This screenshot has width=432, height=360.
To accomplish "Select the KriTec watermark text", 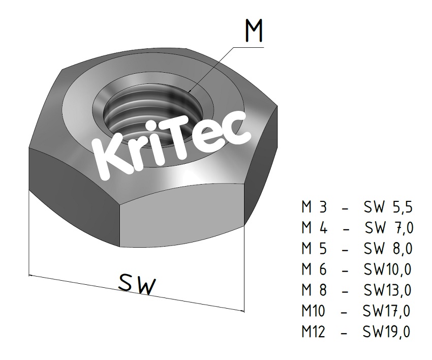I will (173, 145).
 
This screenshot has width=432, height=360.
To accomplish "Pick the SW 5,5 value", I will (388, 208).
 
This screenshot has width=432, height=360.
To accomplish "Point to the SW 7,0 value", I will (389, 228).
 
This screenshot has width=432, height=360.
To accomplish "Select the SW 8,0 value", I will (388, 249).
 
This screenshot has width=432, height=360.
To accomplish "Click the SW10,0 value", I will (387, 269).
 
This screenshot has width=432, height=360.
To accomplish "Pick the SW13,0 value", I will (387, 290).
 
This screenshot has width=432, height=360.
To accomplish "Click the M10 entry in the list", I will (314, 311).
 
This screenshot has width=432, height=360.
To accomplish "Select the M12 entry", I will (314, 332).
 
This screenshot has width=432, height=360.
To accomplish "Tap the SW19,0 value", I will (386, 332).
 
